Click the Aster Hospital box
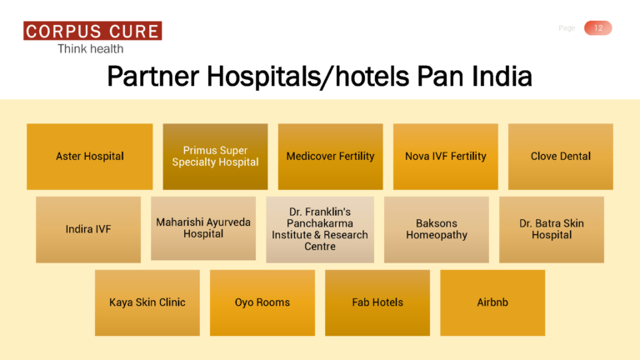pyautogui.click(x=90, y=157)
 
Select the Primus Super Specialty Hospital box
pyautogui.click(x=215, y=157)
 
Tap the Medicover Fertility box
pyautogui.click(x=330, y=157)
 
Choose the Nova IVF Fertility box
pyautogui.click(x=445, y=157)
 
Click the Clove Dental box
pyautogui.click(x=560, y=157)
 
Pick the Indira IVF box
pyautogui.click(x=88, y=229)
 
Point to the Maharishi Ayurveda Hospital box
pyautogui.click(x=203, y=228)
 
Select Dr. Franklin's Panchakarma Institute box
pyautogui.click(x=319, y=229)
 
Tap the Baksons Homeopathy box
pyautogui.click(x=436, y=229)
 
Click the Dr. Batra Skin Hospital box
pyautogui.click(x=551, y=229)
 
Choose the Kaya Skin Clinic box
pyautogui.click(x=147, y=302)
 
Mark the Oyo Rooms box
pyautogui.click(x=262, y=302)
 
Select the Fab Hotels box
pyautogui.click(x=377, y=302)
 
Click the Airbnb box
pyautogui.click(x=492, y=302)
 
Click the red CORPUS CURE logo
pyautogui.click(x=92, y=32)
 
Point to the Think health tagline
pyautogui.click(x=90, y=49)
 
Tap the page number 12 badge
pyautogui.click(x=597, y=28)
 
